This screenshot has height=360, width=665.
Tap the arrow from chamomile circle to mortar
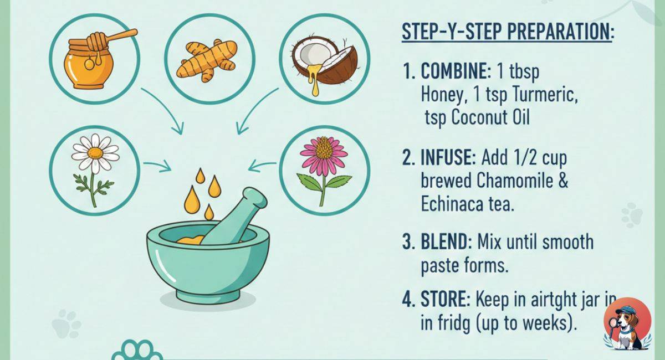point(157,164)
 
